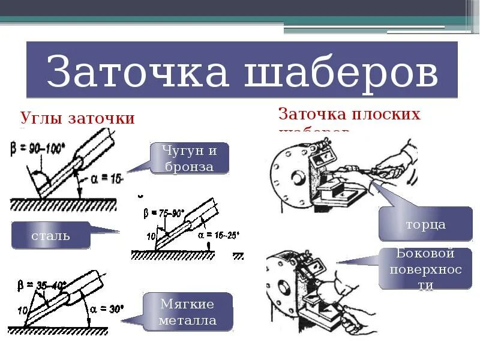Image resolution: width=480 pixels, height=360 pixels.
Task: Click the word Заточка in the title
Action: coord(137,73)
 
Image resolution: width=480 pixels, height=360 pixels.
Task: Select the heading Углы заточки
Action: coord(78,118)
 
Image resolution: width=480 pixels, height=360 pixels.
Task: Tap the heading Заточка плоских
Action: coord(349,113)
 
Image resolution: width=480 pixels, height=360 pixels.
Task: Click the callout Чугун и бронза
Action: coord(188,158)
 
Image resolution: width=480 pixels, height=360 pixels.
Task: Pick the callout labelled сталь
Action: coord(50,235)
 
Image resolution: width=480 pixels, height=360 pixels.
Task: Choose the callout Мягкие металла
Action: coord(187,311)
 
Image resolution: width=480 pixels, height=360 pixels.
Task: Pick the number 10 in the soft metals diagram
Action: coord(23,310)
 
